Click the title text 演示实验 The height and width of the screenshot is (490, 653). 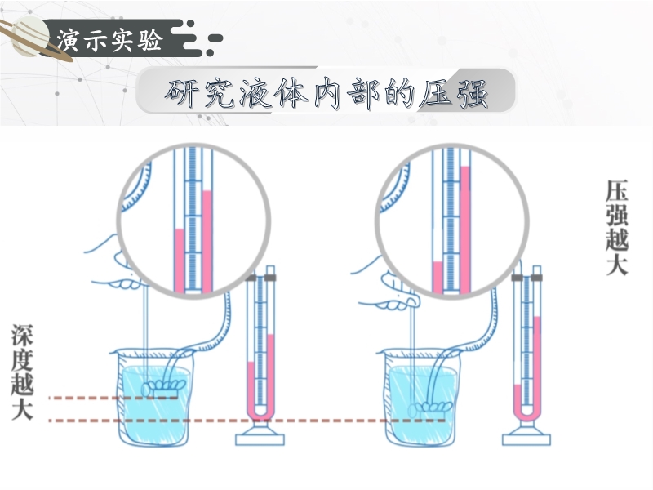coord(109,40)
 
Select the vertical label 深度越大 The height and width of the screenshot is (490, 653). coord(22,372)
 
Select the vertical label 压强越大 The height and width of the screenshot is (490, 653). coord(616,228)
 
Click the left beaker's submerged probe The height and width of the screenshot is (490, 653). coord(163,387)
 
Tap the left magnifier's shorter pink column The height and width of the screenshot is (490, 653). coord(179,261)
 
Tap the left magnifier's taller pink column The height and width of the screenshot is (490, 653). coord(207,242)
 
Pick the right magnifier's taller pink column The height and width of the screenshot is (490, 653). coord(465,229)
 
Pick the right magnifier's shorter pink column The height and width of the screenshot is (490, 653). coord(438,277)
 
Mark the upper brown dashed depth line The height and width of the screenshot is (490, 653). coord(113,398)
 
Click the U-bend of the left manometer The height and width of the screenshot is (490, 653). coord(260,413)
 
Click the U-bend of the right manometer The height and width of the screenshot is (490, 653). coord(526,413)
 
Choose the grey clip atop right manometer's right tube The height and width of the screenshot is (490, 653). coord(537,278)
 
